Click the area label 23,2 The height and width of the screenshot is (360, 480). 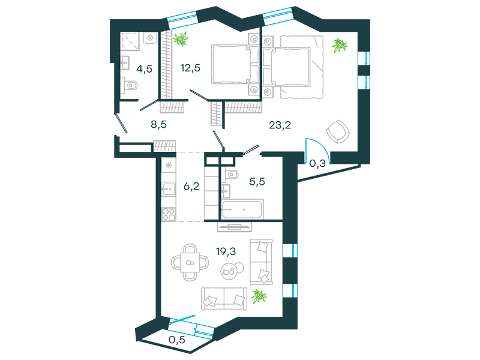point(280,125)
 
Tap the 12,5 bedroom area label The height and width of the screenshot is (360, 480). point(190,68)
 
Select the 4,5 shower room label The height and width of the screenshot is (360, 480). point(144,69)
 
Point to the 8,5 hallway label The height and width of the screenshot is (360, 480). point(158,124)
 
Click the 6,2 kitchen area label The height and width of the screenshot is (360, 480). point(191,186)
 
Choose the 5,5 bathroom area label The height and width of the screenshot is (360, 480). point(257,182)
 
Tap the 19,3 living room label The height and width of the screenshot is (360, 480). point(226,251)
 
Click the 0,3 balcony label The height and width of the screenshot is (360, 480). point(317,163)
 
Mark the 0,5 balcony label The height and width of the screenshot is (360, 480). point(177,340)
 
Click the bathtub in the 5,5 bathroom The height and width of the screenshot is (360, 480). point(242,209)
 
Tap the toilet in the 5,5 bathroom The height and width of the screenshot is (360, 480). point(232,175)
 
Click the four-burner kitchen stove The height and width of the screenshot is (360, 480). point(169,214)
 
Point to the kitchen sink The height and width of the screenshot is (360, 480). point(169,189)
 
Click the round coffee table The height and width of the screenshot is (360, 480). point(232,270)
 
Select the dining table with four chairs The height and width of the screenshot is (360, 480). point(190,262)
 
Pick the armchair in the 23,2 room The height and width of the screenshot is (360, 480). point(338,131)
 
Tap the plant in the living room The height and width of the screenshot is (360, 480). point(259,296)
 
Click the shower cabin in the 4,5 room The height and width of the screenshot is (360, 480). point(130,41)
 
